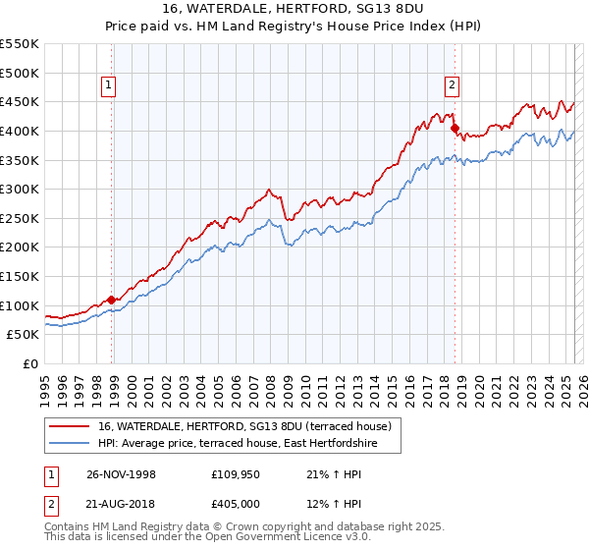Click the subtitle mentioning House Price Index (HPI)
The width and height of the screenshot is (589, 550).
click(294, 27)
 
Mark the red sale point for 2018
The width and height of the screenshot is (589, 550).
click(455, 128)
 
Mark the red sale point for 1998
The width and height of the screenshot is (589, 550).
click(112, 300)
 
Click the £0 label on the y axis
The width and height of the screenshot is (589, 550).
click(29, 363)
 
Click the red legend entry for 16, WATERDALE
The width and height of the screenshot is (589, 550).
click(245, 426)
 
